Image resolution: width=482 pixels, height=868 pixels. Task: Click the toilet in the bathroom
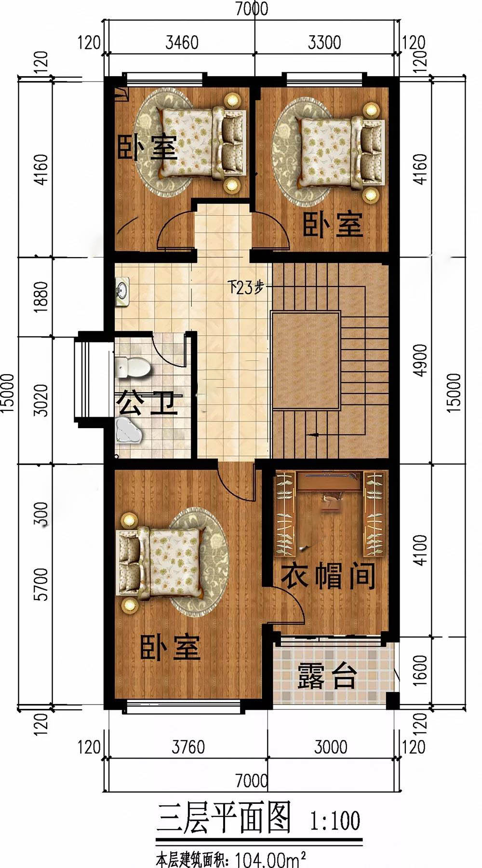coord(133,367)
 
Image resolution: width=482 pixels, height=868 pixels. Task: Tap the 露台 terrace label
coord(327,676)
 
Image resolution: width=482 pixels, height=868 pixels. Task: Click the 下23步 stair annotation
coord(246,288)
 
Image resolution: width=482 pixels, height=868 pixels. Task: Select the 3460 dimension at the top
coord(182,42)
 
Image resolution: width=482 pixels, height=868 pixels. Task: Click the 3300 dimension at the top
coord(324,42)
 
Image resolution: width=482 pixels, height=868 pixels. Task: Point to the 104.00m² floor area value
coord(271,858)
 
